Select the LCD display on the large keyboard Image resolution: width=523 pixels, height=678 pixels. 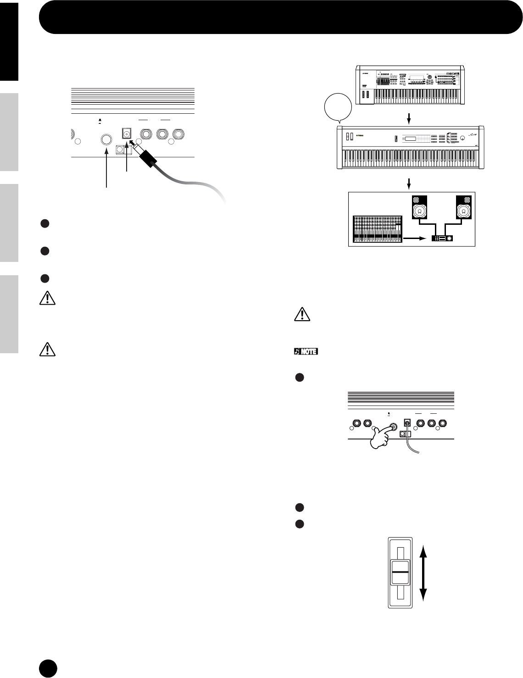click(x=410, y=139)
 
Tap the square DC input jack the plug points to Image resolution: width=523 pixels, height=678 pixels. click(x=126, y=133)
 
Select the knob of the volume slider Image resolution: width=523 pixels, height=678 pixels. click(x=401, y=572)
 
